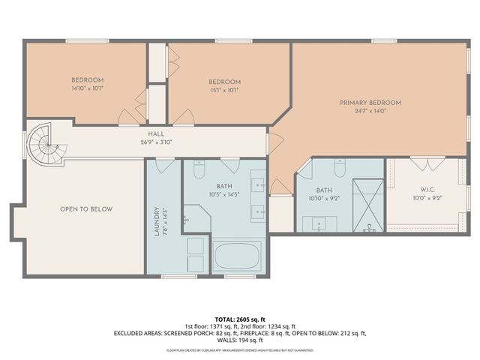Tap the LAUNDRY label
coord(157,221)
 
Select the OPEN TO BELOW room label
coord(86,209)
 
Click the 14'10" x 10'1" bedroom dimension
coord(87,88)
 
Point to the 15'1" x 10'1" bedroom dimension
coord(224,90)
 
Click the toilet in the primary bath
coord(339,171)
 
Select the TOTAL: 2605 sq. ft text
coord(240,319)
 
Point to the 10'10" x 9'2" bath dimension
coord(324,198)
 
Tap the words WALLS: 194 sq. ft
coord(240,340)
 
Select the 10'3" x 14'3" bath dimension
coord(225,194)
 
